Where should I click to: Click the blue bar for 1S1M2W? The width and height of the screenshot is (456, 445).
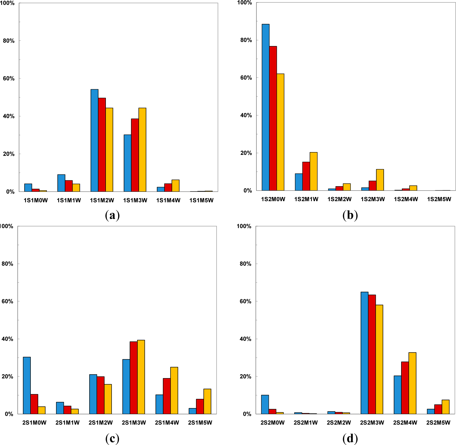pos(94,140)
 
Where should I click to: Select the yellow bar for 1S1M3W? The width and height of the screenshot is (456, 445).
pos(142,150)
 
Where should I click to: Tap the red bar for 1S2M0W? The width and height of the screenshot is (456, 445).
pos(273,118)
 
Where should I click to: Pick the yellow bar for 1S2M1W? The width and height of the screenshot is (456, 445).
pos(313,171)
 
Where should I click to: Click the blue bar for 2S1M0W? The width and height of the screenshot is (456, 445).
pos(27,385)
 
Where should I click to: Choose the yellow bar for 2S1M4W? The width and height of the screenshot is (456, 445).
pos(174,391)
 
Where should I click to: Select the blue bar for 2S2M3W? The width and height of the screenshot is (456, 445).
pos(364,353)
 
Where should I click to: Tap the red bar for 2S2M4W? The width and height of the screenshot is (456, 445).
pos(405,388)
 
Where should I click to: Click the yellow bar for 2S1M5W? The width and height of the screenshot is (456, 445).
pos(207,401)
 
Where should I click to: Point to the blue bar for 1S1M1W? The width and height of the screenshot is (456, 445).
pos(61,183)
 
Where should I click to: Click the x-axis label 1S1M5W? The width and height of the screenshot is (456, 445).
pos(201,200)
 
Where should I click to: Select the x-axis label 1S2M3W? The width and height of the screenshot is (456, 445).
pos(373,199)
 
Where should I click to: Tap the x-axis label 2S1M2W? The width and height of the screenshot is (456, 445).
pos(101,423)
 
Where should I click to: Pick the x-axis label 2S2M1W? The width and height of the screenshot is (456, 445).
pos(306,423)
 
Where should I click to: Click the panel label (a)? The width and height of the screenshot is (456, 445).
pos(112,215)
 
